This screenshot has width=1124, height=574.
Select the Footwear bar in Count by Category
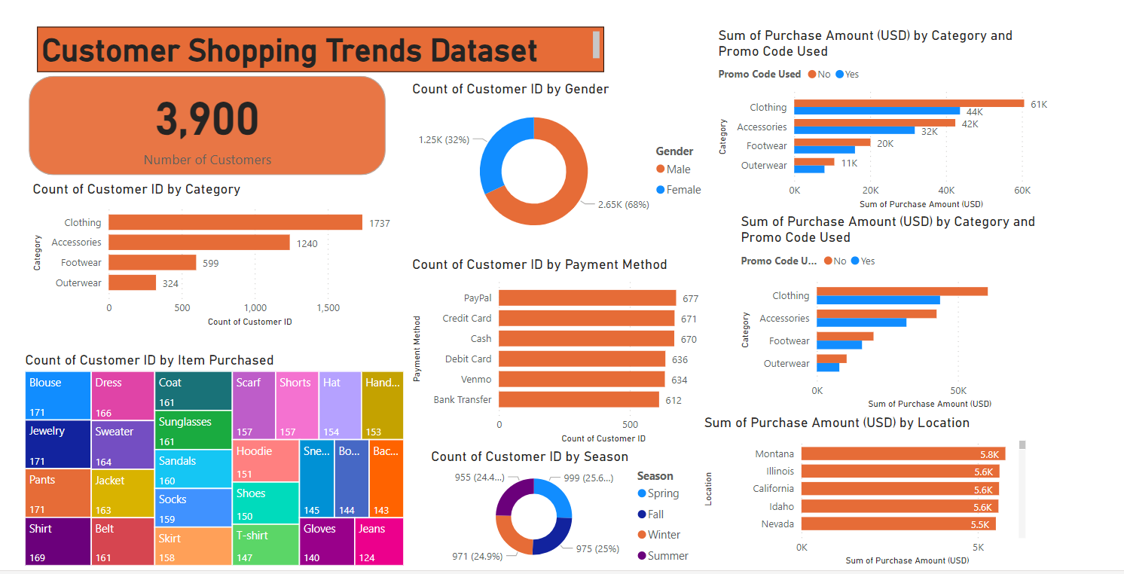click(152, 262)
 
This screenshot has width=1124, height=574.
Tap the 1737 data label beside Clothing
click(379, 223)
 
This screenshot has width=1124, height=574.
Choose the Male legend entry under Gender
click(677, 169)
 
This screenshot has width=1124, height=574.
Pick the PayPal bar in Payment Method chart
click(587, 298)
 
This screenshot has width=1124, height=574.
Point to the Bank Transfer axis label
click(463, 400)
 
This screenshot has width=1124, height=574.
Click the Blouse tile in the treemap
click(57, 395)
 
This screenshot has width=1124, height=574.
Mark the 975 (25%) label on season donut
click(597, 549)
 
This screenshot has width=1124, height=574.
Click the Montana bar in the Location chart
click(902, 454)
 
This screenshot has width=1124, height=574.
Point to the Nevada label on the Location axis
click(777, 524)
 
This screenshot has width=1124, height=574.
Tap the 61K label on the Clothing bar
click(1039, 104)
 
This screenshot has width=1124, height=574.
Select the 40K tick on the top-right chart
click(946, 191)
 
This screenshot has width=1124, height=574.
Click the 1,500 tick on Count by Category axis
click(328, 308)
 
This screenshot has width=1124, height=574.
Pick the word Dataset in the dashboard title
click(484, 50)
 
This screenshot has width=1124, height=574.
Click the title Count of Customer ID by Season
click(529, 456)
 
